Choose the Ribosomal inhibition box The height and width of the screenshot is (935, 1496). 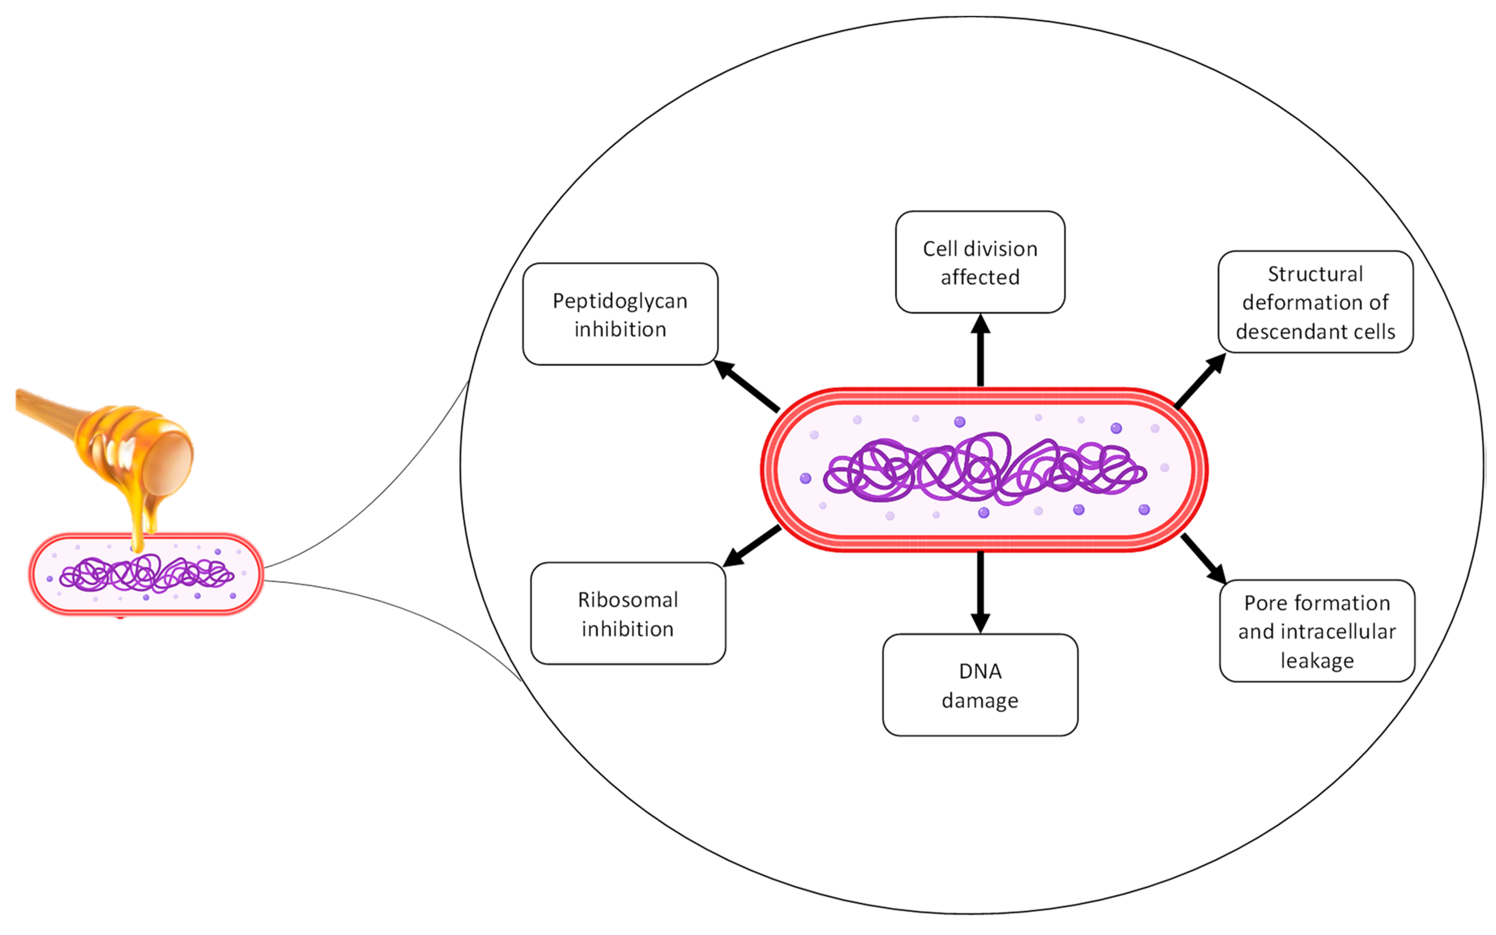click(x=628, y=613)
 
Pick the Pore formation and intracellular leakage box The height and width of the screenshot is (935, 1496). click(x=1317, y=631)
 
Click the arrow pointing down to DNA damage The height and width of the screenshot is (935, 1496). click(x=980, y=591)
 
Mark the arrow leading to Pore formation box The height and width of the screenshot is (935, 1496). click(x=1203, y=558)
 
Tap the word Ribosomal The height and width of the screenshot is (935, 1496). click(x=628, y=600)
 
